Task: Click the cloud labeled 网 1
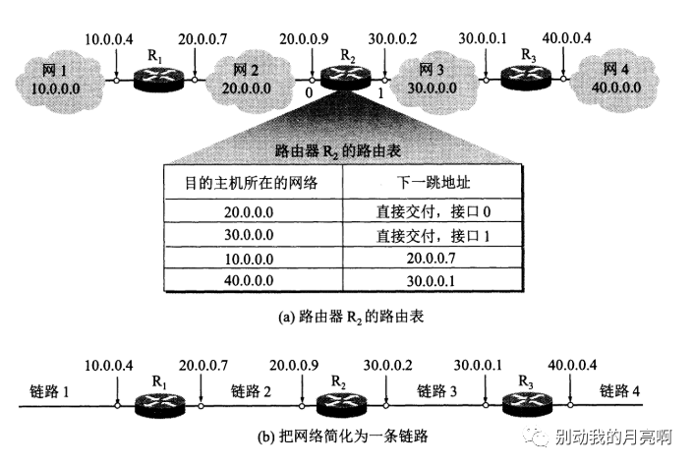pos(57,77)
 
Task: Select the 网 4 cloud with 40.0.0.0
pos(618,78)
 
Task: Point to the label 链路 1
pos(50,391)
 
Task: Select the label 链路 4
pos(620,391)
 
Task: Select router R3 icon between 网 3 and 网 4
pos(525,77)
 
